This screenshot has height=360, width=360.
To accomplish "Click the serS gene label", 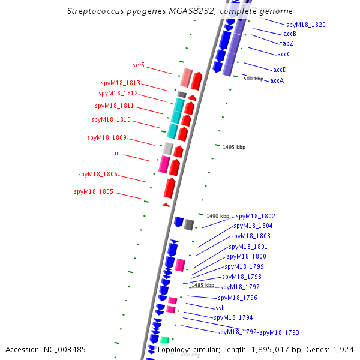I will (x=139, y=64).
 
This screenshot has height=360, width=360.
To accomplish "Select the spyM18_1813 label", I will (x=120, y=83).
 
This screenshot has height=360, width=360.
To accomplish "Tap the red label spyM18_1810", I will (x=110, y=119).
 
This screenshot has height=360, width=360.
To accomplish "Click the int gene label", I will (x=118, y=153).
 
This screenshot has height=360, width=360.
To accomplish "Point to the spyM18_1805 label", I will (x=93, y=192).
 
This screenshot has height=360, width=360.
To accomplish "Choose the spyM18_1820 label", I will (x=306, y=25).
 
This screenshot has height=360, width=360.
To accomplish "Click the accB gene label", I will (x=290, y=34).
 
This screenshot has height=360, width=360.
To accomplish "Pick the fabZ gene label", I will (x=286, y=43).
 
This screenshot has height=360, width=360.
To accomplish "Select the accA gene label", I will (x=277, y=80).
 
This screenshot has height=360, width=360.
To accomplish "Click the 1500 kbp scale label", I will (x=252, y=79).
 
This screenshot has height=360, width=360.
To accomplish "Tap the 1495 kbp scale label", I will (x=234, y=147).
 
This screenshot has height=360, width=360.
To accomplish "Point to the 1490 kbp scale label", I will (x=218, y=216).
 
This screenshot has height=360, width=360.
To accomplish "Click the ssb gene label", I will (x=220, y=308).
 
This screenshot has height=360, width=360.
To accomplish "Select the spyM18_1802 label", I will (x=256, y=216).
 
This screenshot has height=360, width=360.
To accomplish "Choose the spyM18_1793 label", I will (x=279, y=332).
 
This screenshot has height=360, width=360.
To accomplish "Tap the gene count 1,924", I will (x=344, y=349).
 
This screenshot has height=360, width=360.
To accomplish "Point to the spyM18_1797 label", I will (x=240, y=287).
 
